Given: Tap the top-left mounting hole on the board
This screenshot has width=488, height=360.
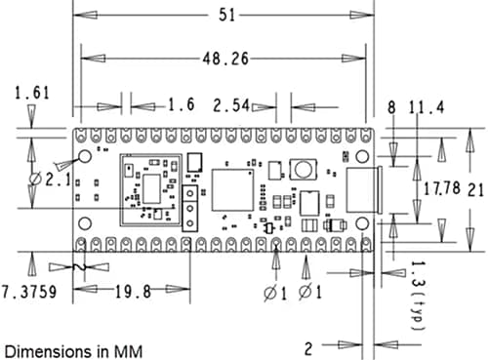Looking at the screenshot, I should [85, 156].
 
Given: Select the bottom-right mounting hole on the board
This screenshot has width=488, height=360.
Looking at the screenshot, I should [361, 223].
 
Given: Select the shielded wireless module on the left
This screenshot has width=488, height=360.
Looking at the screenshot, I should [148, 187].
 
